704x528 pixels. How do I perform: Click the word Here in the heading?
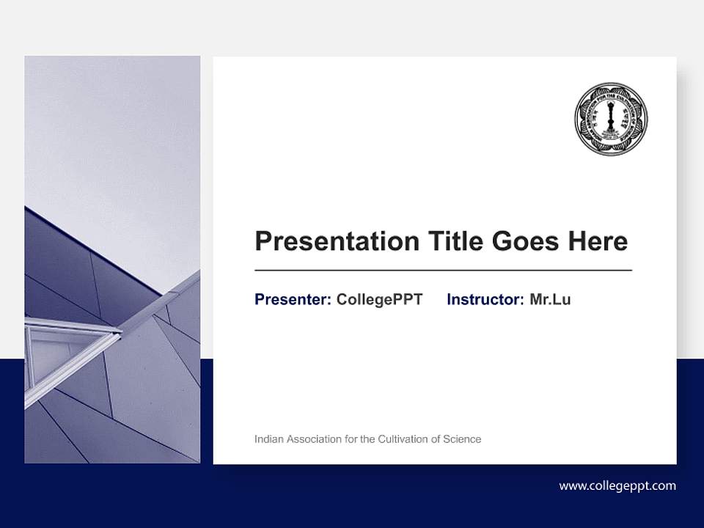pos(597,241)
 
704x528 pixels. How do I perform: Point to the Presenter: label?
pos(293,299)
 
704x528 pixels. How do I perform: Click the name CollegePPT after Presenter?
pos(379,299)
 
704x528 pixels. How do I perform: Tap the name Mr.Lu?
pos(550,299)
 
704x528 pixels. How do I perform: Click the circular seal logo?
pos(611,119)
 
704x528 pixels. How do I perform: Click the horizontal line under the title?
pos(443,271)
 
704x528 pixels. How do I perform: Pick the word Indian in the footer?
pos(268,439)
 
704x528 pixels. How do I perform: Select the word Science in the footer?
pos(462,439)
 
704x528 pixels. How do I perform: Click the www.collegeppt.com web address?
pos(617,485)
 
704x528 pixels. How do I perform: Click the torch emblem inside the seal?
pos(611,117)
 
